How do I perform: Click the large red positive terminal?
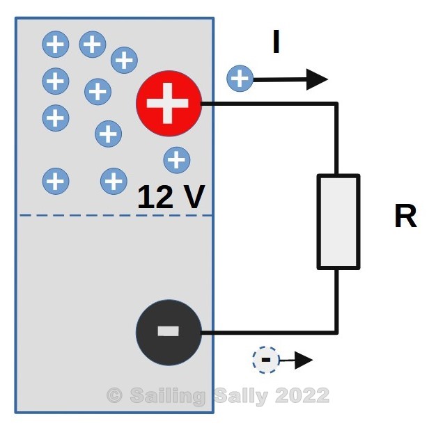(169, 104)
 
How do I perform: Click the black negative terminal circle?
(169, 331)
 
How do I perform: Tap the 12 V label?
(171, 198)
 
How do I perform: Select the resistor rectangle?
(338, 221)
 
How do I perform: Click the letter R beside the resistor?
(405, 217)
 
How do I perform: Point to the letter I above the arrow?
(277, 44)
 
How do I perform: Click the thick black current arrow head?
(318, 79)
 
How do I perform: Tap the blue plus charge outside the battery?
(240, 79)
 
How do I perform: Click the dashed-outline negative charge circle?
(265, 360)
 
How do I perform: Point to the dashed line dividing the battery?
(115, 215)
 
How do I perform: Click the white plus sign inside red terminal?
(169, 104)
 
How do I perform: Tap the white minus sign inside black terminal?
(169, 331)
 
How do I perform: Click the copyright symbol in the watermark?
(114, 396)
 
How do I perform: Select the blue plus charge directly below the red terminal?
(177, 160)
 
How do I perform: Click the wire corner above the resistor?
(338, 104)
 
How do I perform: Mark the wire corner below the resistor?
(338, 332)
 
